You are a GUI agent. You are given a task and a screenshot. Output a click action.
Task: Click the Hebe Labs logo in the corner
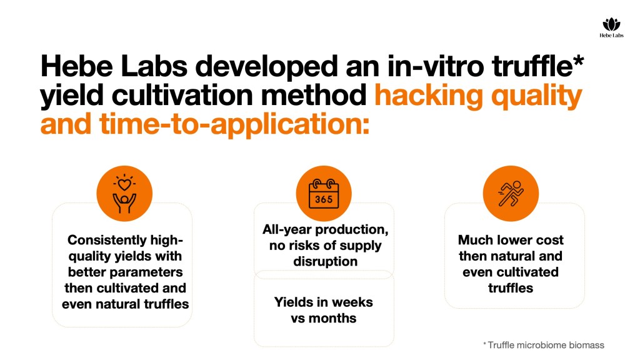tap(611, 27)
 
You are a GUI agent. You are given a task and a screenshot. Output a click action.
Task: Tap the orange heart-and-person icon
tap(124, 194)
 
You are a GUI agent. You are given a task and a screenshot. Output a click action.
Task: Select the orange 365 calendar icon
tap(324, 194)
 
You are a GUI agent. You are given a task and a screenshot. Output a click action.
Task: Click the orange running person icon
tap(511, 194)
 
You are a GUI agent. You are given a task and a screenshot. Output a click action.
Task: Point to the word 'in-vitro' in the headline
tap(436, 66)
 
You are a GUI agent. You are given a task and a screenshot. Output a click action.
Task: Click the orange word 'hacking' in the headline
tap(429, 96)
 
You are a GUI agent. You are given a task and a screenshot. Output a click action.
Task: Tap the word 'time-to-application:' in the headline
tap(234, 124)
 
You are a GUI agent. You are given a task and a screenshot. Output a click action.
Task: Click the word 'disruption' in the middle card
tap(325, 261)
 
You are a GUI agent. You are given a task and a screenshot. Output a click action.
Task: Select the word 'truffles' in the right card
tap(511, 288)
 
